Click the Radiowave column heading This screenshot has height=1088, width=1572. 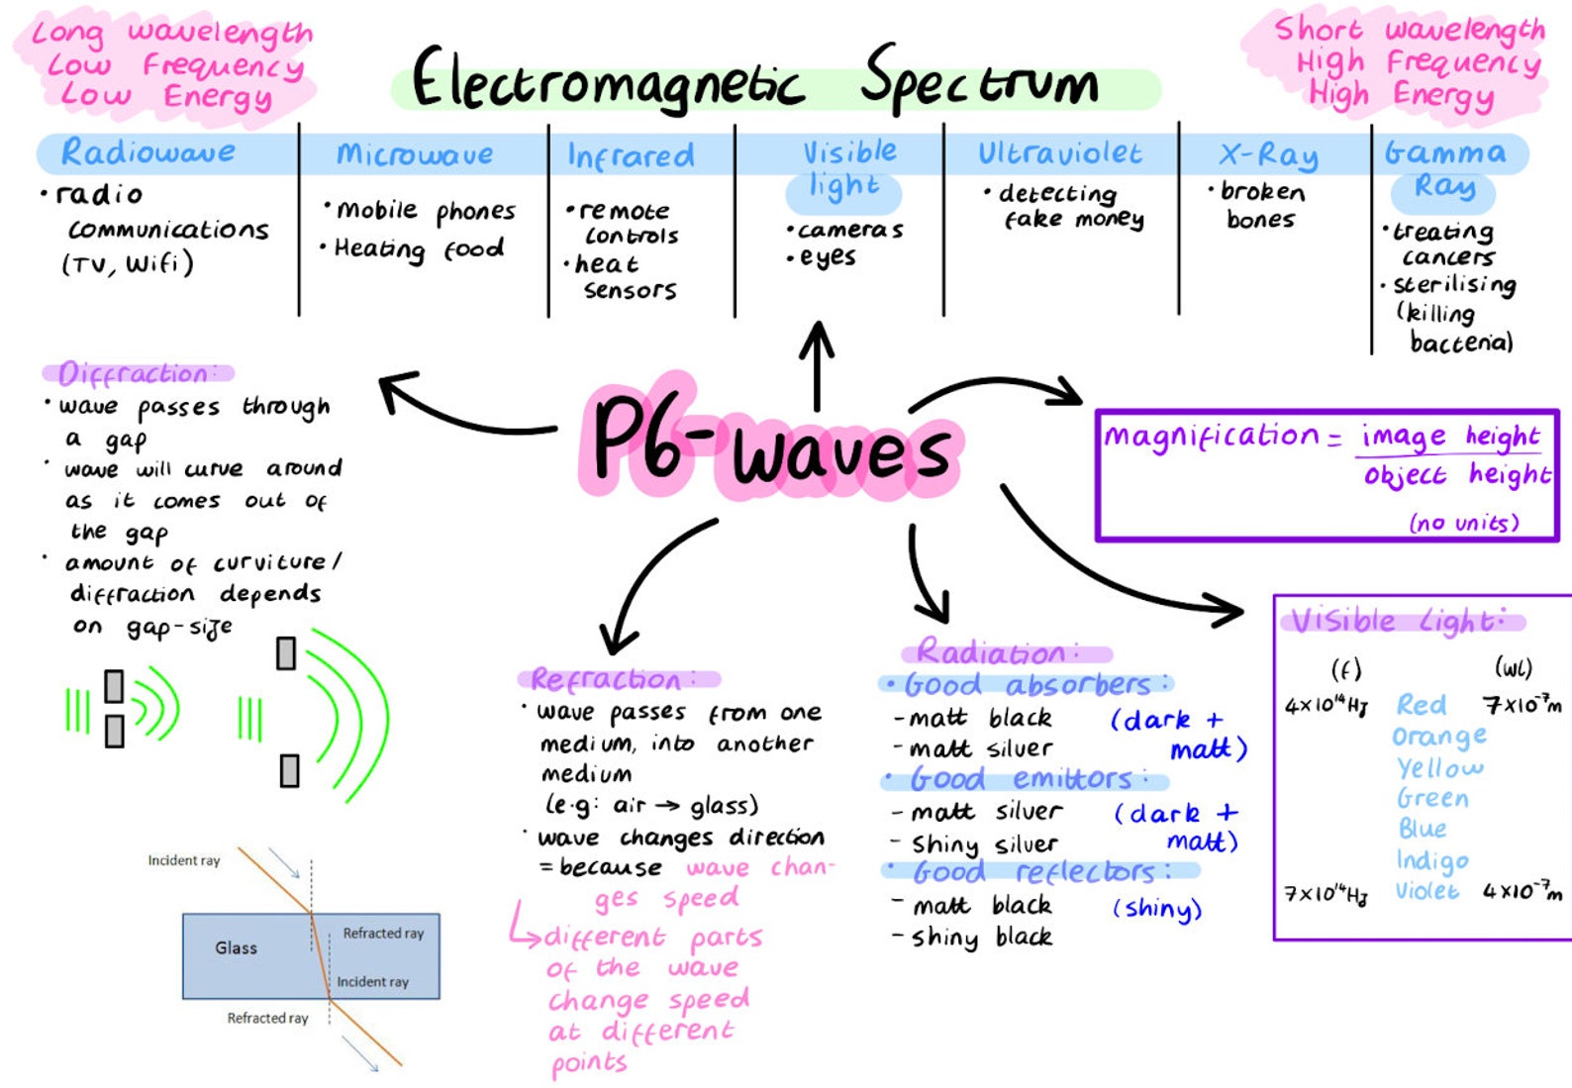click(148, 152)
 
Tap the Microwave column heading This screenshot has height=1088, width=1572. click(415, 154)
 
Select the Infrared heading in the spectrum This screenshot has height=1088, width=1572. click(631, 155)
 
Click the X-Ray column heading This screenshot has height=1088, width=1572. click(1268, 155)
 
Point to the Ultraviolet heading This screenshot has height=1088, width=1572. click(1059, 153)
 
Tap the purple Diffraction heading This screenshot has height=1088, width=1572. click(135, 373)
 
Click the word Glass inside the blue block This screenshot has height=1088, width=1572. click(236, 948)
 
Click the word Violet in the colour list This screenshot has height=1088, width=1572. click(1426, 891)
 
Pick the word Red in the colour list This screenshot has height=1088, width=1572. click(1421, 705)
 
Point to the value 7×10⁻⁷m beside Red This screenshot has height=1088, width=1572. click(1522, 704)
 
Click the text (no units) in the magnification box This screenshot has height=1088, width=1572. click(1463, 522)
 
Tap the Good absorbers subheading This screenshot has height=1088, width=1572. click(1027, 684)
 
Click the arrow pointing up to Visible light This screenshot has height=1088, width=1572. click(817, 365)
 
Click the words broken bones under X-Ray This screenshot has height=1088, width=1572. click(1261, 205)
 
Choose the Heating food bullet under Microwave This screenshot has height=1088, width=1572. click(418, 248)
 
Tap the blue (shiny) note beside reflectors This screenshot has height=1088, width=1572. click(1156, 909)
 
